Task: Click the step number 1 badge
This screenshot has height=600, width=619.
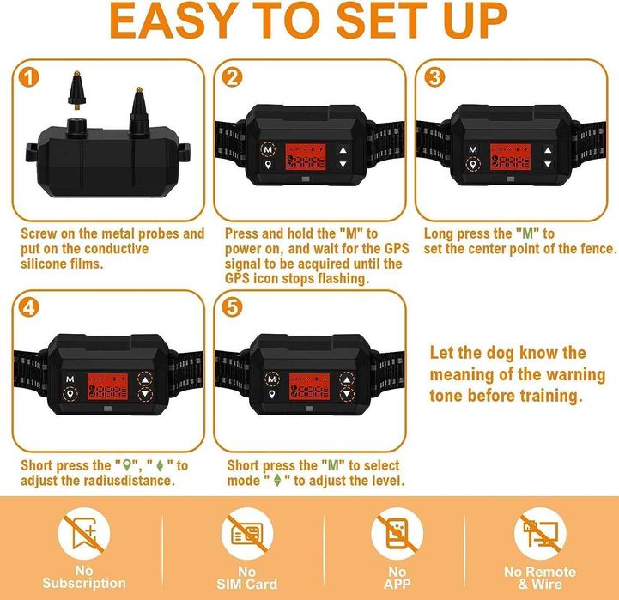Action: pyautogui.click(x=29, y=77)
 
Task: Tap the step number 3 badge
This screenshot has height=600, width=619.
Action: pyautogui.click(x=434, y=77)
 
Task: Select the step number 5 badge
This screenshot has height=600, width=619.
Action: pyautogui.click(x=232, y=306)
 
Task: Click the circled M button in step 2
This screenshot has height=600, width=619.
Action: pyautogui.click(x=268, y=149)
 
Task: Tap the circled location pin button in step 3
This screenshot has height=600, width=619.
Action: pyautogui.click(x=473, y=165)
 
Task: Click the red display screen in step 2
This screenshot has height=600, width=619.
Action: pyautogui.click(x=306, y=157)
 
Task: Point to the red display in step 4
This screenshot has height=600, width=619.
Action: pyautogui.click(x=108, y=386)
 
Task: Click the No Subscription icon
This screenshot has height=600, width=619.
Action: pyautogui.click(x=84, y=534)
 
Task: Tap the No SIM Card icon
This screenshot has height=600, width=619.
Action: pyautogui.click(x=247, y=534)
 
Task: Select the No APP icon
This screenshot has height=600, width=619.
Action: pyautogui.click(x=397, y=534)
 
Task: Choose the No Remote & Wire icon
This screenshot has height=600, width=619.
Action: pyautogui.click(x=540, y=534)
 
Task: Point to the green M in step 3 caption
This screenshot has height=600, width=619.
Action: pyautogui.click(x=528, y=233)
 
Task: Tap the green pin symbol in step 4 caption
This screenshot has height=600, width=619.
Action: pyautogui.click(x=127, y=465)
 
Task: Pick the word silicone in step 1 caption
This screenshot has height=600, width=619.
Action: pyautogui.click(x=46, y=264)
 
